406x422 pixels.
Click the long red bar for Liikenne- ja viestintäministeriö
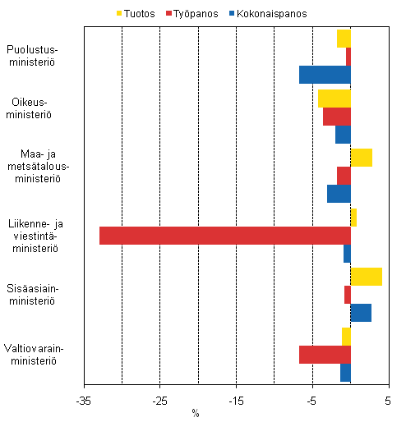(225, 236)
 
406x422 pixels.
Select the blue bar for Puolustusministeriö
(325, 75)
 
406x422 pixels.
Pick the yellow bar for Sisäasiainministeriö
(367, 277)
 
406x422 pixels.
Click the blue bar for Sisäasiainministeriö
(361, 313)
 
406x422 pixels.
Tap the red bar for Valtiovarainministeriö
(325, 355)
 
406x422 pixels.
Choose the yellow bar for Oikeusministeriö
(334, 99)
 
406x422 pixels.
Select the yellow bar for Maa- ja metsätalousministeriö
(362, 158)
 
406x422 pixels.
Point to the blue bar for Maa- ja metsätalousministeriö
(339, 194)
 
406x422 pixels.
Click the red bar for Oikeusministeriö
(337, 117)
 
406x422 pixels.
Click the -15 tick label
(236, 401)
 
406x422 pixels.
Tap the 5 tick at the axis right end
(389, 401)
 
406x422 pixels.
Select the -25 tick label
(159, 401)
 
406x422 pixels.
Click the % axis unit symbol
(196, 412)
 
